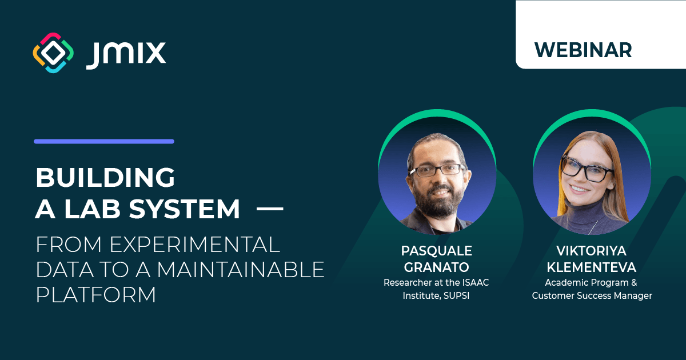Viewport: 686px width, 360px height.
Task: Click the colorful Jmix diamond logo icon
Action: (x=53, y=53)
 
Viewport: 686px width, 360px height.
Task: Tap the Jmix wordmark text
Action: (x=126, y=55)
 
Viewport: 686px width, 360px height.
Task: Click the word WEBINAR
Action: (x=583, y=50)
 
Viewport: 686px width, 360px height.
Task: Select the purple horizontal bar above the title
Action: (x=104, y=142)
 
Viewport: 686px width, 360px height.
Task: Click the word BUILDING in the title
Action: (x=105, y=177)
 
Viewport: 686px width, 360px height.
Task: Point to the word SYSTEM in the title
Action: (x=184, y=209)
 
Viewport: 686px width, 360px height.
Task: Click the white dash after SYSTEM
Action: (x=270, y=209)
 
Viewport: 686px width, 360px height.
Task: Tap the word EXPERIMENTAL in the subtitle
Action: (x=195, y=245)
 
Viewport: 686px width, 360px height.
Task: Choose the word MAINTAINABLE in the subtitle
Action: (x=241, y=269)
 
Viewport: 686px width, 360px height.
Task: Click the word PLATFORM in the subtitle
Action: (x=96, y=294)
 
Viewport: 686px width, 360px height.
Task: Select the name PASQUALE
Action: (x=436, y=251)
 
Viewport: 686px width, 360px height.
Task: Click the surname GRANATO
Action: (x=436, y=267)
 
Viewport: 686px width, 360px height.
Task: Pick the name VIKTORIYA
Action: (x=591, y=251)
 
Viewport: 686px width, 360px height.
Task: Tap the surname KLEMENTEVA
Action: (x=591, y=267)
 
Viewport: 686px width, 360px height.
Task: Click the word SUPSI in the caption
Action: (x=456, y=296)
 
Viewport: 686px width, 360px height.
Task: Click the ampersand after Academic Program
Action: (x=634, y=282)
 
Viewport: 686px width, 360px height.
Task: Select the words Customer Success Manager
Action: (x=592, y=296)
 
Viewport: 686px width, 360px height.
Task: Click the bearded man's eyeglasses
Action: (x=438, y=170)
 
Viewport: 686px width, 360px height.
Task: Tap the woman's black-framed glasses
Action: (x=587, y=169)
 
